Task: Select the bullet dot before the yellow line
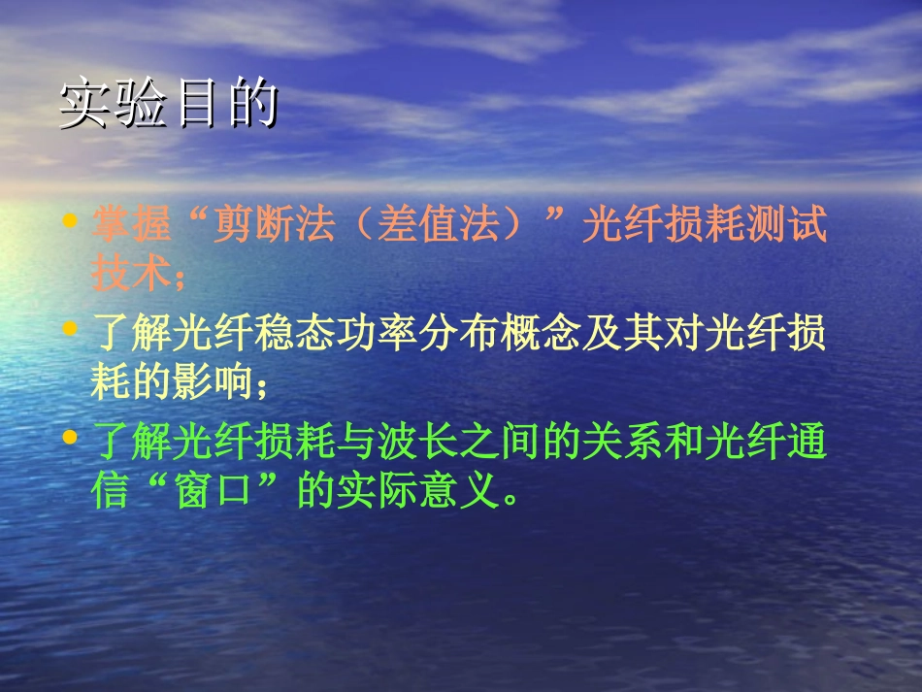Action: [x=69, y=329]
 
